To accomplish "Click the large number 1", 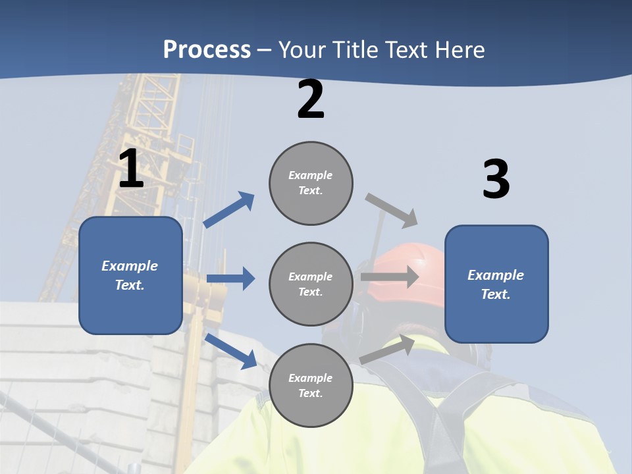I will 131,170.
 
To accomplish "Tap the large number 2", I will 311,100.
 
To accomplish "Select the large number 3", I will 496,180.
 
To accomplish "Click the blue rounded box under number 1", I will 130,275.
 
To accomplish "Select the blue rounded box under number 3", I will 496,284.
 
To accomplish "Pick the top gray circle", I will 311,183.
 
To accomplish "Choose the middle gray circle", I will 311,284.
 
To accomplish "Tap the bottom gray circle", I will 311,386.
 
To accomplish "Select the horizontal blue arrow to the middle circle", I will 230,278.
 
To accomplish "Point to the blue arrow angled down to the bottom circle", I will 231,351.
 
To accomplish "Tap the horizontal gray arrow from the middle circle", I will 390,276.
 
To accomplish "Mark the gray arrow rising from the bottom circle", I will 387,350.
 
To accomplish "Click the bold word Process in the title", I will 207,49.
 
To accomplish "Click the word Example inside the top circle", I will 311,175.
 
